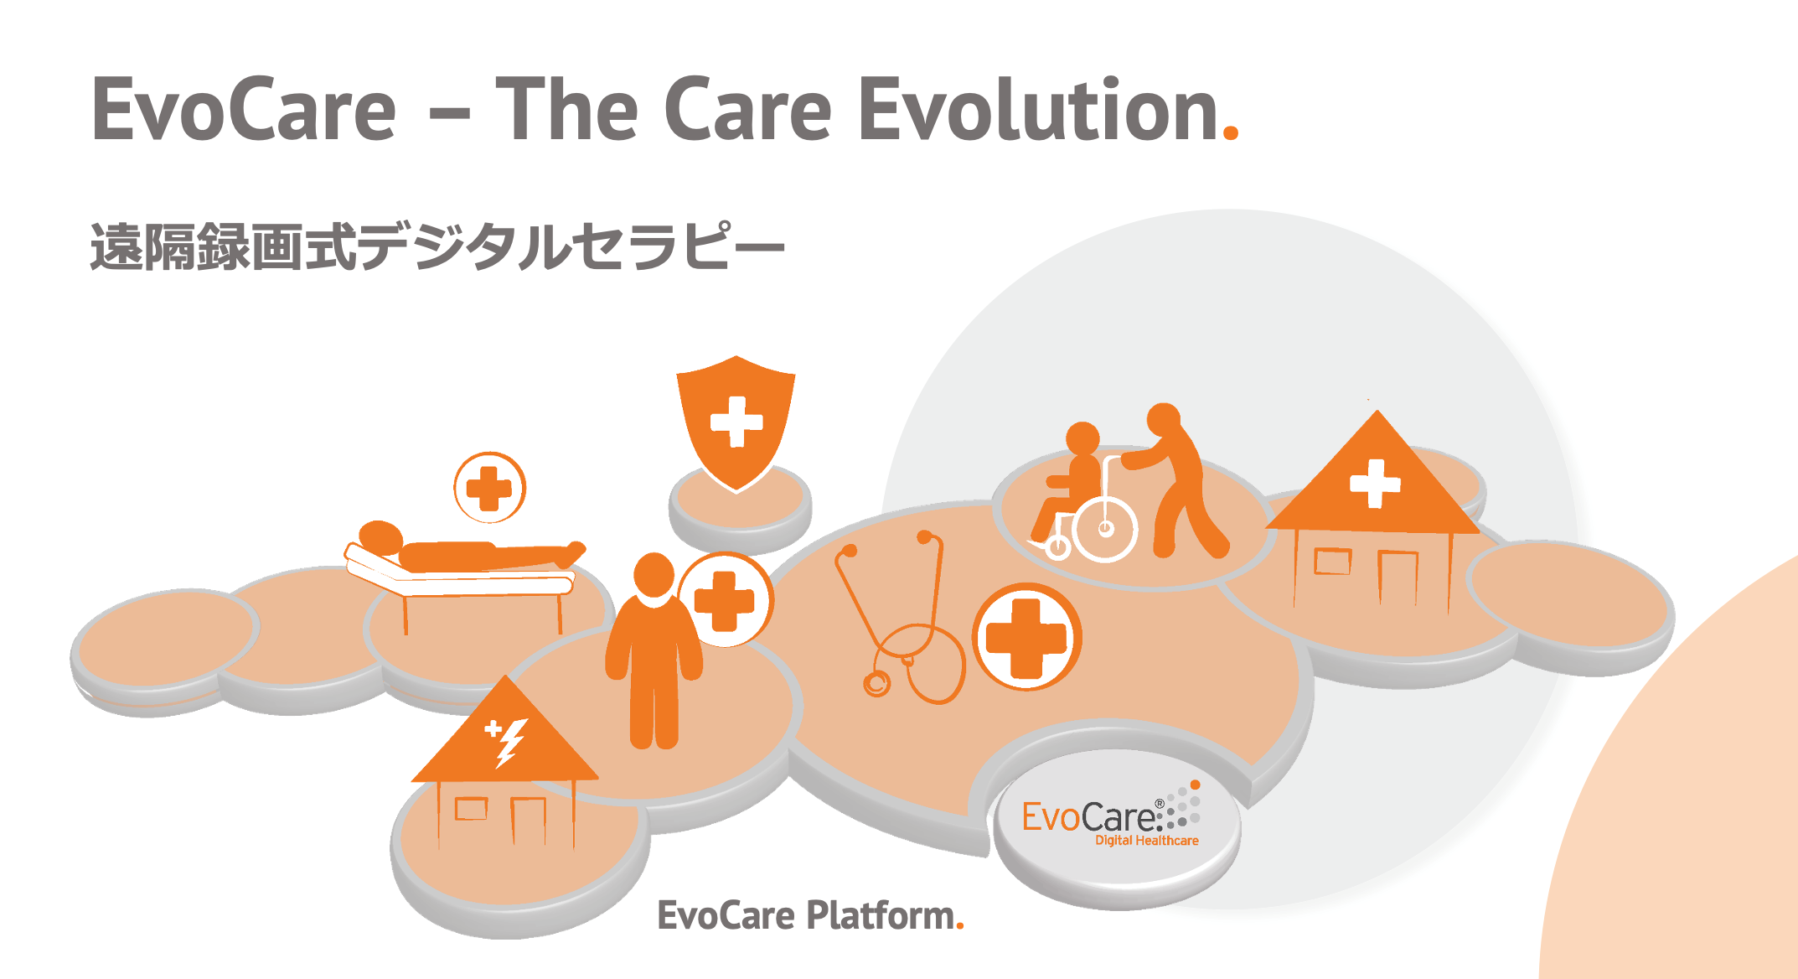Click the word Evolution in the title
[x=1039, y=108]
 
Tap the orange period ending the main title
[x=1230, y=132]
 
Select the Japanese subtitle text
[x=437, y=246]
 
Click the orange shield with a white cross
[x=736, y=422]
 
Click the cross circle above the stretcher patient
[x=489, y=488]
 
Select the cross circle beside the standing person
[x=726, y=599]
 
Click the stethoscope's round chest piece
[x=876, y=684]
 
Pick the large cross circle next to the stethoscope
[x=1026, y=637]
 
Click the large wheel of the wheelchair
[x=1105, y=529]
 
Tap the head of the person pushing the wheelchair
[x=1163, y=419]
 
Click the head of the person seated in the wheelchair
[x=1082, y=438]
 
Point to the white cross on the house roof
[x=1374, y=484]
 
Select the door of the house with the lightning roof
[x=529, y=822]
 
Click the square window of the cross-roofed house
[x=1332, y=562]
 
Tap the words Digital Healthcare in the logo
[x=1147, y=841]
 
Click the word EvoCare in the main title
[x=243, y=109]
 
